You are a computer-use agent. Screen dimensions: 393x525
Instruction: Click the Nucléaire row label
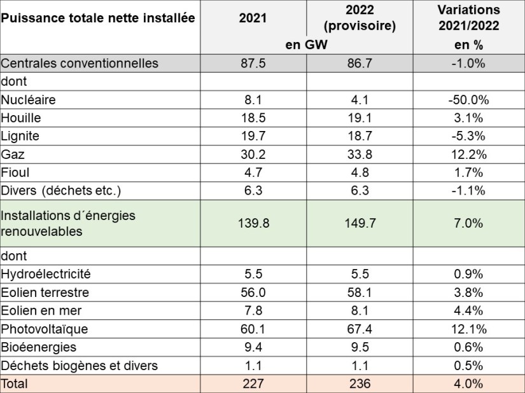tap(29, 100)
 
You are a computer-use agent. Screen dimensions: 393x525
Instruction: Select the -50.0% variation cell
tap(468, 100)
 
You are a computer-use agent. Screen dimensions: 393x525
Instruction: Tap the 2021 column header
tap(253, 18)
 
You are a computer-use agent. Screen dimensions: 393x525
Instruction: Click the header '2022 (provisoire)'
tap(359, 18)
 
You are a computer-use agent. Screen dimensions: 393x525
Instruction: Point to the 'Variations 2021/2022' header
tap(468, 18)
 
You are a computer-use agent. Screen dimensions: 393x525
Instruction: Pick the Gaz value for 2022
tap(359, 155)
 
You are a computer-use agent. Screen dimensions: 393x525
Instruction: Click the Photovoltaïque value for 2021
tap(253, 329)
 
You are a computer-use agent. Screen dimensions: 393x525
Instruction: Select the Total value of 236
tap(359, 384)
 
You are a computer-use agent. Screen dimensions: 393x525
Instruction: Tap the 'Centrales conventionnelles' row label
tap(79, 64)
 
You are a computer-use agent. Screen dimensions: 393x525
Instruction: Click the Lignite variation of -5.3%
tap(468, 136)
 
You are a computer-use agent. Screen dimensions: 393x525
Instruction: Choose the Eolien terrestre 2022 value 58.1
tap(359, 293)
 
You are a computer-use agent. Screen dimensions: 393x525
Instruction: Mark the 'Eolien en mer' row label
tap(41, 310)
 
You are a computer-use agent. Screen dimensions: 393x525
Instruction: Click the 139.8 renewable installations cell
tap(253, 223)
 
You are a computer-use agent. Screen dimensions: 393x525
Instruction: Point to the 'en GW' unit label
tap(306, 45)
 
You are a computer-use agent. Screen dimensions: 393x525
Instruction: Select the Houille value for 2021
tap(253, 118)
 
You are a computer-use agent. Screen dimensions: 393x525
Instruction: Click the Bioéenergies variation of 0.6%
tap(468, 347)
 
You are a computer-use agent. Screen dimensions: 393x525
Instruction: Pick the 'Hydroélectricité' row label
tap(46, 274)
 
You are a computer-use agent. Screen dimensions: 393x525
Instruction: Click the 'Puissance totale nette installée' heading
tap(97, 18)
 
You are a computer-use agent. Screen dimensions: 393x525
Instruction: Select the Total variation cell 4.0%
tap(468, 384)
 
